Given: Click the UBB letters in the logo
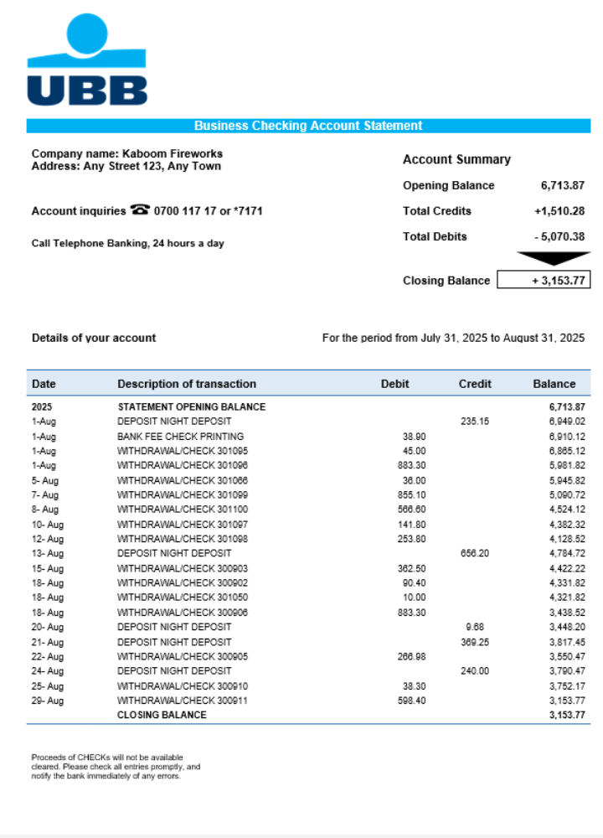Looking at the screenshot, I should pos(87,91).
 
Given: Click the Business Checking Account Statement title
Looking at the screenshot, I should pos(308,126).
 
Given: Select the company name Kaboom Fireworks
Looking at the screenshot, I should pos(173,153).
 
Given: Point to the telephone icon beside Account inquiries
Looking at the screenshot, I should pos(140,210).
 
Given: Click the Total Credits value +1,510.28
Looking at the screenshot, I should pos(559,211).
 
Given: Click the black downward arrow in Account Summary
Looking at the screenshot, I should pos(554,258).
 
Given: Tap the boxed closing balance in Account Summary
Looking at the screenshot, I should pos(544,280).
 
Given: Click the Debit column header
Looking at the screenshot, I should pos(395,384).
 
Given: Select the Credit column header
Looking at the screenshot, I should pos(475,384).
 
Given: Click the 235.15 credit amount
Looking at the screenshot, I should pos(475,422).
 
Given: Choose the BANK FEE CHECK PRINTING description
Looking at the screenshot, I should pos(181,437).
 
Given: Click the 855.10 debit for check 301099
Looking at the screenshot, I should pos(411,495).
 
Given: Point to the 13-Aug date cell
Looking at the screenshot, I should pos(48,553).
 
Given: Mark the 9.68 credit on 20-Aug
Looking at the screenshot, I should pos(475,627).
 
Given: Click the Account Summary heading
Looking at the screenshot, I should pos(456,159).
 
